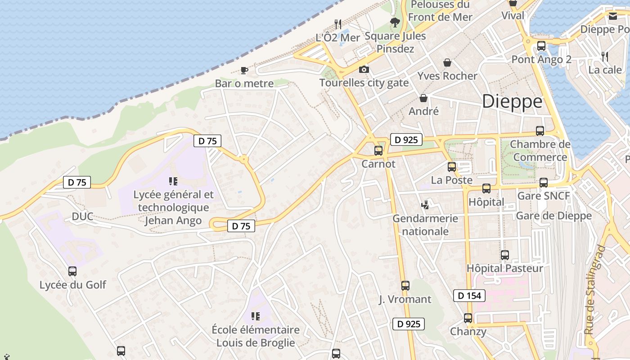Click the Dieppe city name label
tap(512, 102)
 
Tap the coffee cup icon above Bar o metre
tap(244, 70)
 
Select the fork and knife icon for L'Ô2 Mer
tap(338, 24)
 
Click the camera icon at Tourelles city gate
tap(364, 69)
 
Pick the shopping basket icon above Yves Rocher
tap(447, 63)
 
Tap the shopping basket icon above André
tap(423, 98)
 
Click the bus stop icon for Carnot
tap(378, 150)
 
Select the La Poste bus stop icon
tap(452, 167)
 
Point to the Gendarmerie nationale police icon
tap(425, 205)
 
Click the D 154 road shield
tap(469, 296)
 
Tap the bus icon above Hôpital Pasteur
tap(505, 255)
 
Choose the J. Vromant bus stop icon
tap(405, 285)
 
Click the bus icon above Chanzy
tap(468, 318)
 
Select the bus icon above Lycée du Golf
tap(72, 271)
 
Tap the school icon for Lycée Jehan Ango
tap(173, 181)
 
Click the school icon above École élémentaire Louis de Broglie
tap(256, 316)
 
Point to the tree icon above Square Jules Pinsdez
tap(395, 22)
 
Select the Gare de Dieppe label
tap(553, 216)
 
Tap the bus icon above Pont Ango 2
tap(541, 45)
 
